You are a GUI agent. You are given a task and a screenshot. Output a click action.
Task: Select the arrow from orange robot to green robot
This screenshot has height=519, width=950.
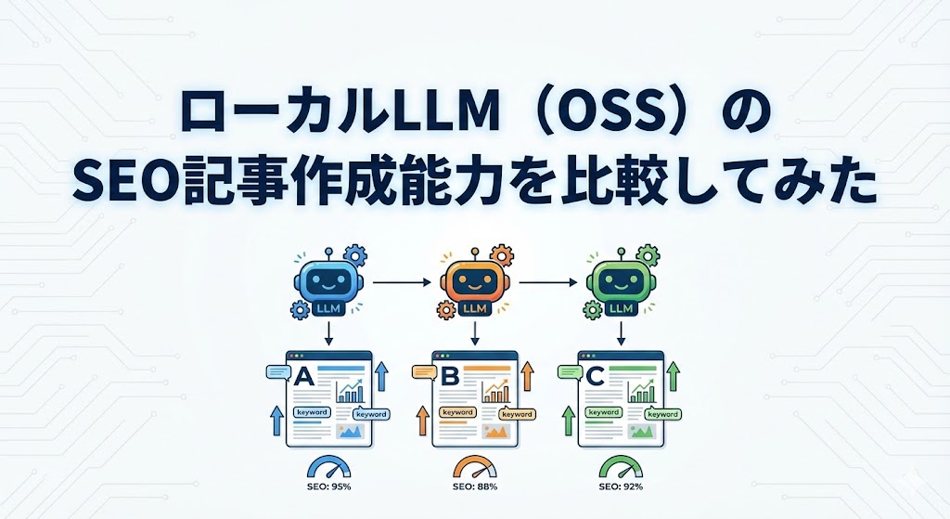pyautogui.click(x=547, y=279)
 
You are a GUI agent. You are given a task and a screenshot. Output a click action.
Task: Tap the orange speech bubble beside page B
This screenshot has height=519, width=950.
pyautogui.click(x=424, y=372)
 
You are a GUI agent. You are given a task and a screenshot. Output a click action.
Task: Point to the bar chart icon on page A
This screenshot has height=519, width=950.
pyautogui.click(x=351, y=391)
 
